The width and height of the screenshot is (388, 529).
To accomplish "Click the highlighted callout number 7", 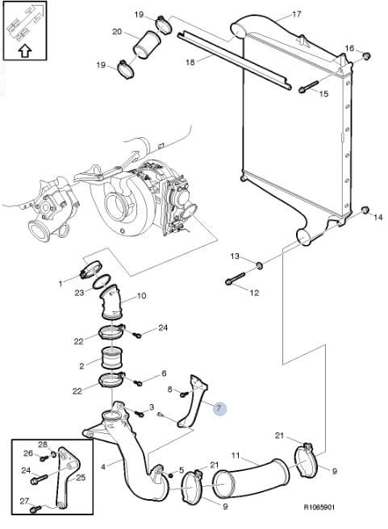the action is (x=219, y=409).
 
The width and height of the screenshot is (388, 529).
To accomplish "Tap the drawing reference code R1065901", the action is (x=320, y=507).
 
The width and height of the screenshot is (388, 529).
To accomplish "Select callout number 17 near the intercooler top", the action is (x=296, y=15).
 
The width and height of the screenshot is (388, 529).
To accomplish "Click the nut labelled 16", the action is (x=365, y=56).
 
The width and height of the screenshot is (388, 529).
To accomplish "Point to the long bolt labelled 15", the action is (x=308, y=86).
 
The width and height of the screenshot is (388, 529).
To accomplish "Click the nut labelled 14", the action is (x=365, y=210).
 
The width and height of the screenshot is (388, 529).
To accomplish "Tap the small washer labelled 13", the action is (x=260, y=265).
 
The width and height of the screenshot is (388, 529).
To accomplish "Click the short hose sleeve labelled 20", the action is (x=147, y=44).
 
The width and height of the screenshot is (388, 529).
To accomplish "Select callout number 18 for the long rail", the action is (x=190, y=62).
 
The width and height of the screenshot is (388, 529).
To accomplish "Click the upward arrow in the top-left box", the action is (x=24, y=51).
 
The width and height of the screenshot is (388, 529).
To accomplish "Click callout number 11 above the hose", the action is (x=236, y=456).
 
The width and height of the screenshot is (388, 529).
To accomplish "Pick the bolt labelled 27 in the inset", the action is (x=35, y=508).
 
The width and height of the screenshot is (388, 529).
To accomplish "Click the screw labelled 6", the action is (x=138, y=382).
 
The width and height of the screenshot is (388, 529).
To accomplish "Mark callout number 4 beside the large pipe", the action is (x=103, y=467).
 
